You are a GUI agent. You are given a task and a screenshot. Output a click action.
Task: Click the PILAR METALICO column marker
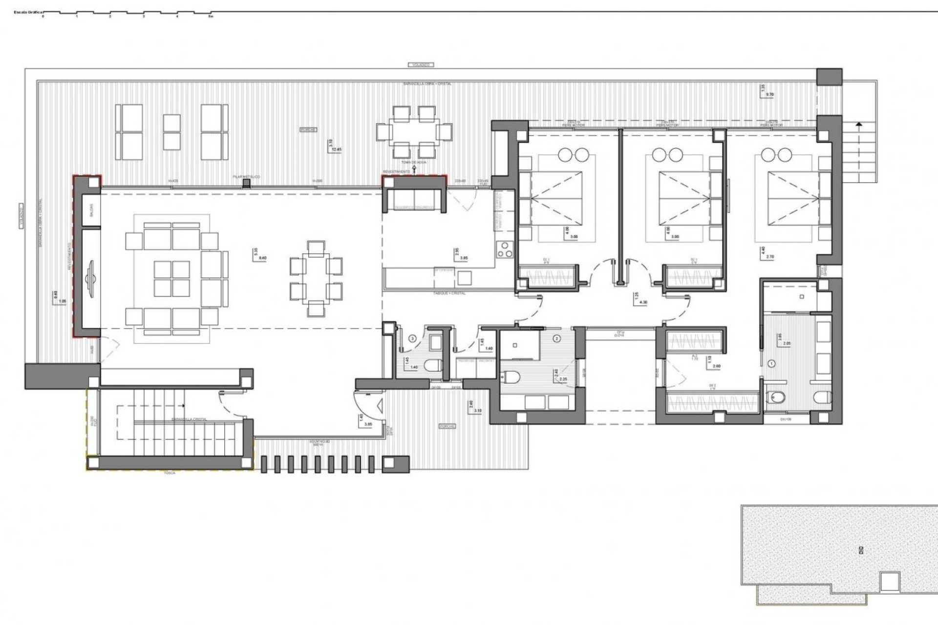tap(247, 183)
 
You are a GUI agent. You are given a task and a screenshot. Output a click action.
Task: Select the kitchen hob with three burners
tap(504, 250)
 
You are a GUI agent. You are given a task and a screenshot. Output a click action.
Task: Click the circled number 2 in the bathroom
tap(557, 338)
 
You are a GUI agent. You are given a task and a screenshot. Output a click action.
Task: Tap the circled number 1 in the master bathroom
tap(772, 363)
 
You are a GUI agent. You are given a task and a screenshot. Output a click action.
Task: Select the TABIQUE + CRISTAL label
tap(449, 293)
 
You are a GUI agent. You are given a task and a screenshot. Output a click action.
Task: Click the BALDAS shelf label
tap(91, 210)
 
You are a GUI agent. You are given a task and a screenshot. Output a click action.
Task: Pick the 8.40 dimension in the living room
tap(262, 257)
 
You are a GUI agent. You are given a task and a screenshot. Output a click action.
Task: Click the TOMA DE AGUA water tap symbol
tap(414, 168)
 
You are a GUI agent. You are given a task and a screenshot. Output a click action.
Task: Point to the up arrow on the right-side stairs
tap(858, 125)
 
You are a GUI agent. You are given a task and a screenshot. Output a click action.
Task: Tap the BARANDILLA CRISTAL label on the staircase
tap(189, 419)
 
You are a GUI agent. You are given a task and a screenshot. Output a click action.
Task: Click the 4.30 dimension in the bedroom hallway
tap(643, 303)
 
